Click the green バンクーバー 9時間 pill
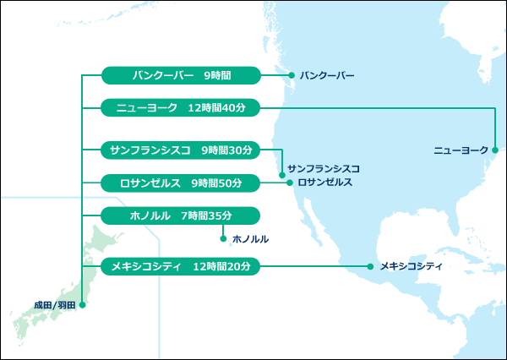coord(180,75)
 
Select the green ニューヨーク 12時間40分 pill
coord(180,107)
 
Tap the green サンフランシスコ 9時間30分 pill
coord(180,150)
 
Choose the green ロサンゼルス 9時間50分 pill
coord(180,182)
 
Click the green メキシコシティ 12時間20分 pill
coord(180,266)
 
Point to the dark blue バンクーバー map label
coord(327,76)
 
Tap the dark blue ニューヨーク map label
coord(461,150)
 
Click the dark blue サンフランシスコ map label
coord(324,169)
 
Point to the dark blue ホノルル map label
coord(249,239)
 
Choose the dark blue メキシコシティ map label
coord(412,266)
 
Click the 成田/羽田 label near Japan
coord(55,304)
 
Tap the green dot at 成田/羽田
coord(82,304)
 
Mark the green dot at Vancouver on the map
coord(292,76)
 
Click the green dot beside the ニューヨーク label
coord(495,150)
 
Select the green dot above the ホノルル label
coord(223,238)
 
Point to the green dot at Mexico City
coord(371,267)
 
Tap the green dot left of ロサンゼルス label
coord(289,183)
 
